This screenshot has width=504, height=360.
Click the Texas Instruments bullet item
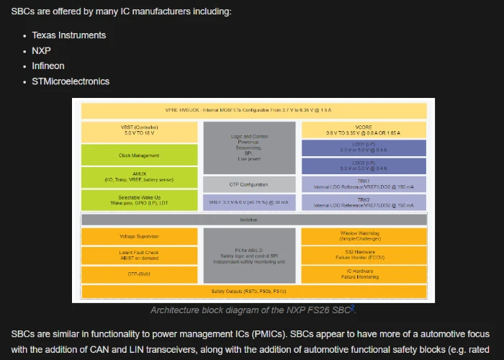tap(68, 35)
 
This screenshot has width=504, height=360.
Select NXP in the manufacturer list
tap(41, 50)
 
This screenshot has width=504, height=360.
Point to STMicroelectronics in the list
tap(71, 81)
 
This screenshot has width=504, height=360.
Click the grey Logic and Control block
tap(249, 148)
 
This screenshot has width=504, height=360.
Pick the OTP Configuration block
tap(249, 184)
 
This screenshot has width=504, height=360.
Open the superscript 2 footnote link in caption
tap(352, 307)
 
